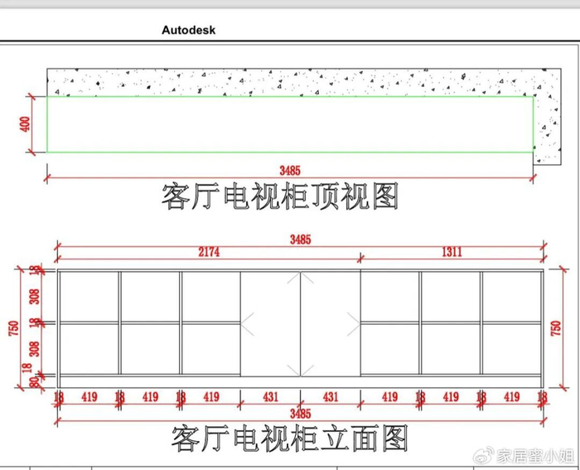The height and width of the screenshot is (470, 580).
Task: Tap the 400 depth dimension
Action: coord(26,124)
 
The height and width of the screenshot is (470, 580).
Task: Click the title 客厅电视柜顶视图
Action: coord(280,196)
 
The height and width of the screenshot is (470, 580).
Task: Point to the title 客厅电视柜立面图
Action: coord(290,437)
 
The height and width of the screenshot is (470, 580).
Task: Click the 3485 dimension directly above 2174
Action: coord(300,240)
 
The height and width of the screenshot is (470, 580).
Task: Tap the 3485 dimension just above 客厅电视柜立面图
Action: coord(300,412)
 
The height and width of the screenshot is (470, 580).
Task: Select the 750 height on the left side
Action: coord(11,327)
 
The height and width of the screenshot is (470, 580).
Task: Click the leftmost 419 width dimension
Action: coord(89,398)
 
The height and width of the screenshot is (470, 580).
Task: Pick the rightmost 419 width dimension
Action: coord(511,398)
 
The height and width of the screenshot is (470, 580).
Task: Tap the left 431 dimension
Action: coord(270,398)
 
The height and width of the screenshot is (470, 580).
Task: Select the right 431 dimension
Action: coord(330,398)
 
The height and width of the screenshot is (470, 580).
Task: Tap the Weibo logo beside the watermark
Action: coord(486,455)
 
